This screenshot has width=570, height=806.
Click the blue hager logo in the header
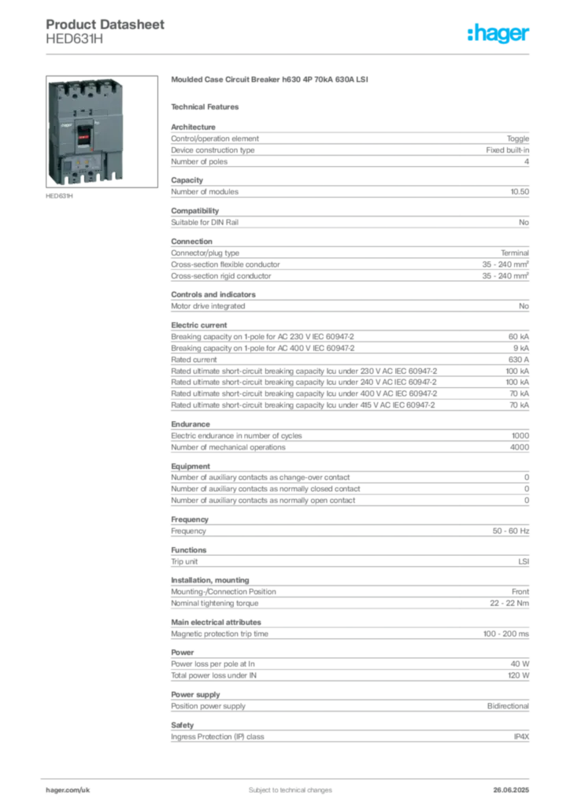(x=500, y=34)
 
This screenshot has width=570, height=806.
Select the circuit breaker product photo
(x=84, y=131)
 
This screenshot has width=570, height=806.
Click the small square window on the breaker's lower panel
(x=68, y=165)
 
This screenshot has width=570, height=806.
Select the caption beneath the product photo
(x=60, y=197)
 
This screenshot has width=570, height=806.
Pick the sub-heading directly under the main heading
(x=208, y=106)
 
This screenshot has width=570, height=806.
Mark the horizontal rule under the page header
(x=290, y=54)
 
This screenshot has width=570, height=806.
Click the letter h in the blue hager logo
(x=472, y=34)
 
